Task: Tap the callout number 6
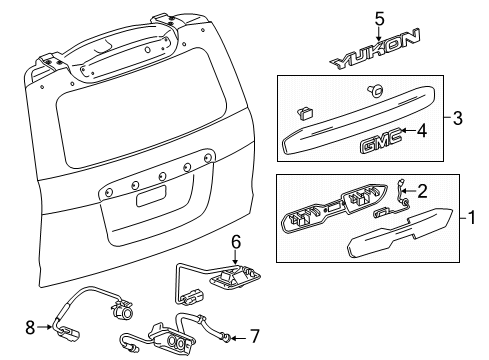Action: click(236, 269)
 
